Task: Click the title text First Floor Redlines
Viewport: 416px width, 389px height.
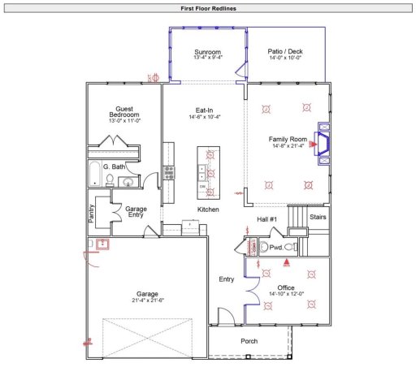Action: (x=207, y=7)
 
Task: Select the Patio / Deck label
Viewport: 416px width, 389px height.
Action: (x=284, y=52)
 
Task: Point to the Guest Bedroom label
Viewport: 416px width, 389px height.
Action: (x=124, y=112)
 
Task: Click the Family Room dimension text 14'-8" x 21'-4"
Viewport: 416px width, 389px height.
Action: (x=288, y=146)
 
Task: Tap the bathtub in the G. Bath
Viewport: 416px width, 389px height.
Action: (x=95, y=174)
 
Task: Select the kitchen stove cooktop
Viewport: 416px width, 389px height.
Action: (x=169, y=171)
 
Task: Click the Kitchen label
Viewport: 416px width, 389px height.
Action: (x=209, y=210)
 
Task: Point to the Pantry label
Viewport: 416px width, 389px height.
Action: (x=91, y=213)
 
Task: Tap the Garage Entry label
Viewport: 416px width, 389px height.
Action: (x=136, y=212)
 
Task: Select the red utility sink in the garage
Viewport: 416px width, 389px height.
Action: (x=102, y=244)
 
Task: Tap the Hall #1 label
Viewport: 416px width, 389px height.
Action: (x=267, y=219)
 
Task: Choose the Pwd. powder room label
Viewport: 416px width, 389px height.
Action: (x=275, y=246)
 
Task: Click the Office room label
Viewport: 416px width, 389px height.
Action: (x=286, y=287)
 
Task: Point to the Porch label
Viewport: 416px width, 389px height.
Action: (x=249, y=341)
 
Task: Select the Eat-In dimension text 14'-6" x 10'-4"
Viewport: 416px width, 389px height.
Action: (x=204, y=117)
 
